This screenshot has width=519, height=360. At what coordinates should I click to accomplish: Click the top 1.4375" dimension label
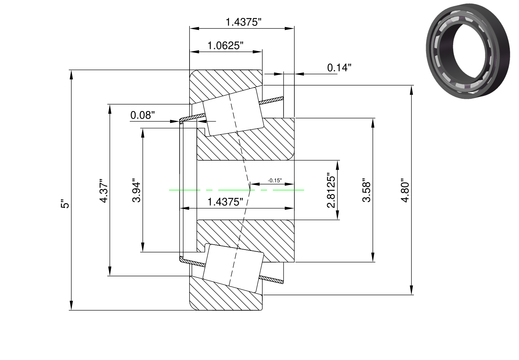click(243, 22)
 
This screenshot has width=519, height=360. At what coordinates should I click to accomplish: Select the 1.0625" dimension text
click(225, 46)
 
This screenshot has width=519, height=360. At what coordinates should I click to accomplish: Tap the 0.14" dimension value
click(339, 67)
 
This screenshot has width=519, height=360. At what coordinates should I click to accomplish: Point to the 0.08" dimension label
click(143, 115)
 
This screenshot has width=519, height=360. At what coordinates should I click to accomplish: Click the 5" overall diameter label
click(65, 203)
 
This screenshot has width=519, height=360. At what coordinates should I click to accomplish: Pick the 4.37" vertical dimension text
click(104, 190)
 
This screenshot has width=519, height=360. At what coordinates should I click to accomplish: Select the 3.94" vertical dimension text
click(136, 190)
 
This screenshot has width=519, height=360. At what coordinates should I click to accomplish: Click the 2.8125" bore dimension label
click(331, 190)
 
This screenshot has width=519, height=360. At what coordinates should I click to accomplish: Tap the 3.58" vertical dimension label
click(367, 190)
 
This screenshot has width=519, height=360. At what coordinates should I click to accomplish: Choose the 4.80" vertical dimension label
click(405, 190)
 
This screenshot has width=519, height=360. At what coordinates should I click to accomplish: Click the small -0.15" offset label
click(275, 180)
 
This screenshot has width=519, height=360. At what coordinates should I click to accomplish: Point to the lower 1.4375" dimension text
click(225, 202)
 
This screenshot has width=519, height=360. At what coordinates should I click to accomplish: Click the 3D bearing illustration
click(468, 51)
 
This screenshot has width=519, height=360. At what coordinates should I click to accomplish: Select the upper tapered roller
click(233, 112)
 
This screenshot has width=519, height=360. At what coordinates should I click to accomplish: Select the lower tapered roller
click(233, 268)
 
